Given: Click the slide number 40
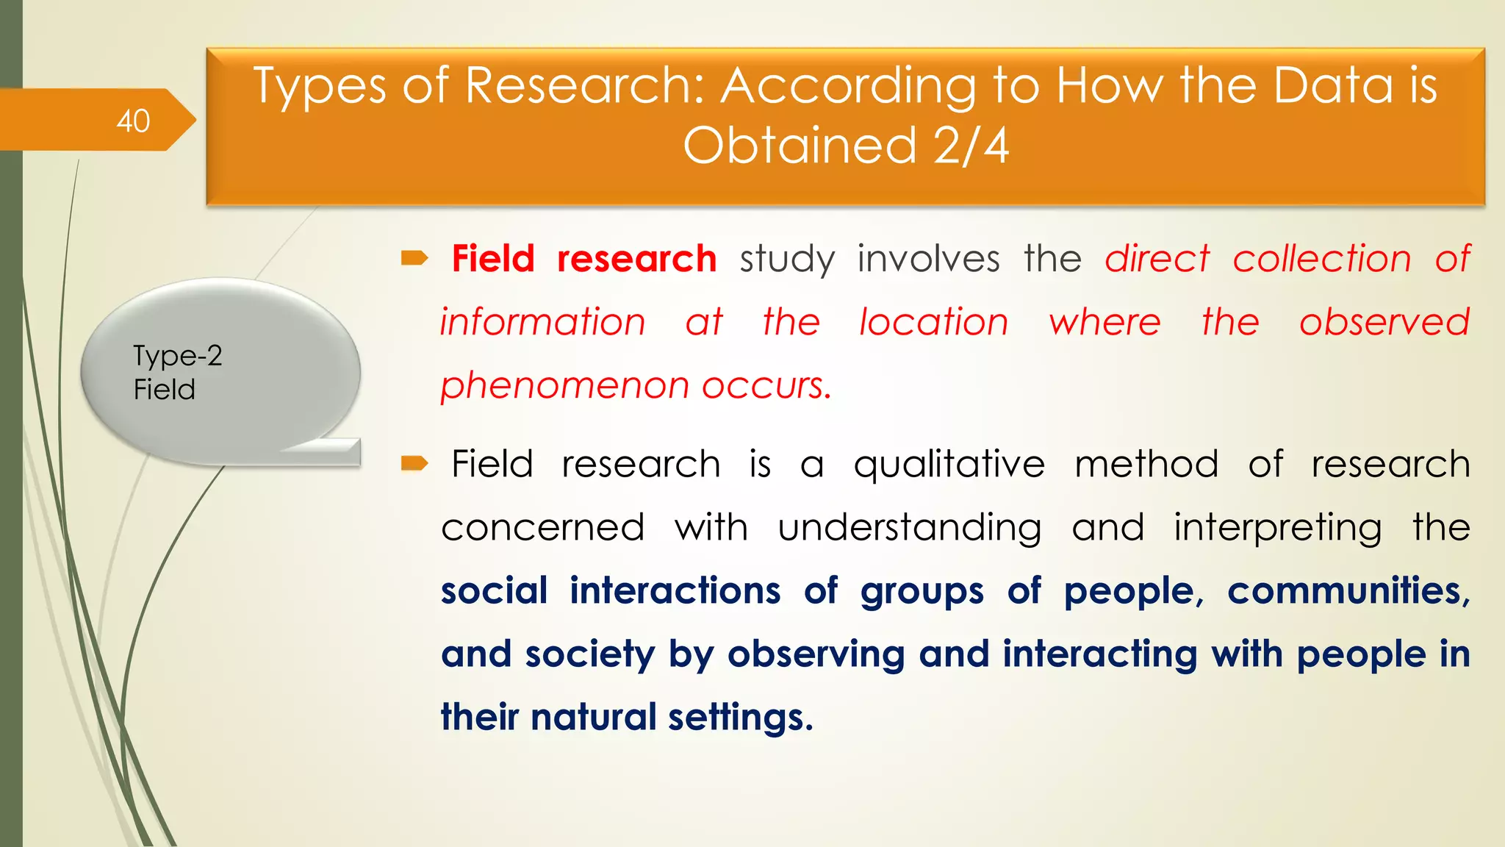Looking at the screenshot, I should [133, 121].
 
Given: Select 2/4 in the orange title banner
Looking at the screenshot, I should [971, 145].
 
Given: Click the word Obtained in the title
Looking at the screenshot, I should [800, 145].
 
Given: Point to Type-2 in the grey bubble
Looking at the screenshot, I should [177, 356].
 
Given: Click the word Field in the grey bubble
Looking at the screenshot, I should [164, 389].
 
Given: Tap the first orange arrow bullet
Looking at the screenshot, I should [414, 258].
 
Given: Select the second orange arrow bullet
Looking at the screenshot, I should [414, 463].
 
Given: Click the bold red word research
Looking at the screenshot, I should [636, 259].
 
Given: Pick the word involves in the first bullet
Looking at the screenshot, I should [929, 259].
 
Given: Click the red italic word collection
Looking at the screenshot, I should [1322, 259].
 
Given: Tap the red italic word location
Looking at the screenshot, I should [934, 322].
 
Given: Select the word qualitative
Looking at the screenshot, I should [949, 465].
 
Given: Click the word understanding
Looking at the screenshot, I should [909, 528].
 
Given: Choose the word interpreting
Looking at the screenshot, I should [1277, 528].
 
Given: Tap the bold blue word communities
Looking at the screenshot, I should [1347, 591].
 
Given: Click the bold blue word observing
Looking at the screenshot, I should [816, 654].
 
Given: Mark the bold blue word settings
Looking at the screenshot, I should [740, 718].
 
